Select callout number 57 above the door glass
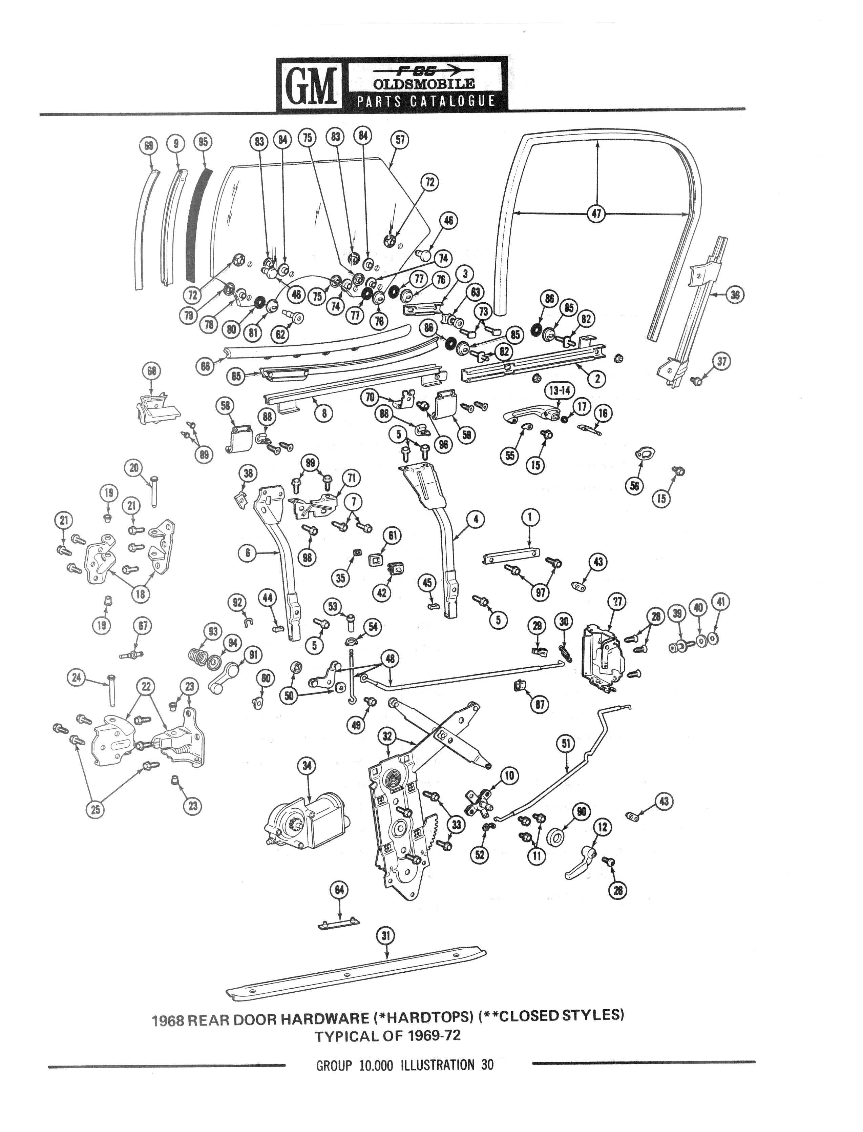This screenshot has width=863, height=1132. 400,140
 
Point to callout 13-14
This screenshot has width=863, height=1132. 560,391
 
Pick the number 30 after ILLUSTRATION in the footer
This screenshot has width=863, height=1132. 487,1065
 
